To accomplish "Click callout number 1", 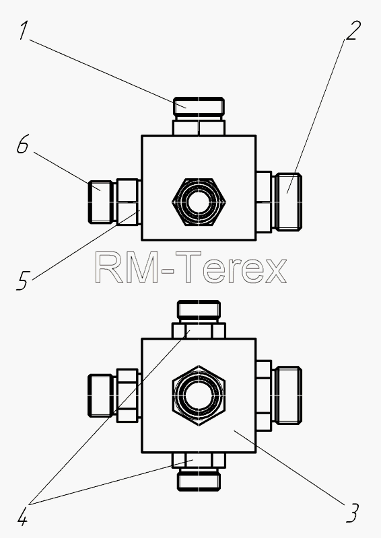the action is click(x=24, y=31).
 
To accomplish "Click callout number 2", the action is click(x=353, y=30).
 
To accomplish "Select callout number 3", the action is click(x=353, y=513).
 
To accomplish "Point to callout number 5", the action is click(x=23, y=280).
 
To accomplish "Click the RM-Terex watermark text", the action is click(x=190, y=267).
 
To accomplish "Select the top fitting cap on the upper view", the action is click(x=199, y=107).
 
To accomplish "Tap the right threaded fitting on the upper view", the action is click(x=288, y=202).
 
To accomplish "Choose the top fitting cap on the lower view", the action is click(x=199, y=309).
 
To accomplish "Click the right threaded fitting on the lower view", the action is click(x=289, y=395).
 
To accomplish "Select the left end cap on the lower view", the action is click(x=102, y=395).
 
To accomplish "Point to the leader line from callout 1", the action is click(x=108, y=74).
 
